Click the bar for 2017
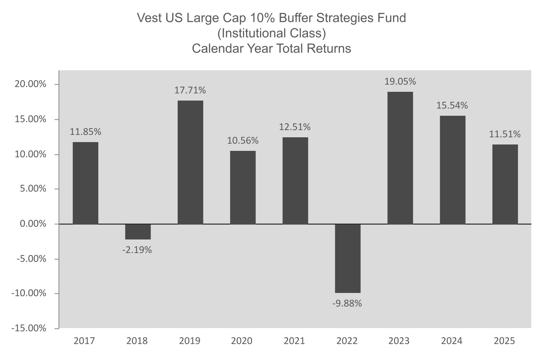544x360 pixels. [85, 183]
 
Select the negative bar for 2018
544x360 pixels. [138, 231]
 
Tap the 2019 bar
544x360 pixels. [190, 162]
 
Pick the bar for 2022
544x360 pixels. [347, 258]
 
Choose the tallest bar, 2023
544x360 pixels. [400, 158]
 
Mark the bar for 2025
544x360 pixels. [505, 184]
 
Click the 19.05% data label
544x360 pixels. [400, 82]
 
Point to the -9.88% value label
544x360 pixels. [347, 303]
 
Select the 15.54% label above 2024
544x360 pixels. [453, 106]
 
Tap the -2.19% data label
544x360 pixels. [137, 250]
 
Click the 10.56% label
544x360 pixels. [243, 140]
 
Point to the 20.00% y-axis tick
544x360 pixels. [31, 84]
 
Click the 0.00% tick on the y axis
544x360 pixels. [33, 224]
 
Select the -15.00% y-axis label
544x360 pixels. [29, 328]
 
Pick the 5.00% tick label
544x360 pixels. [33, 189]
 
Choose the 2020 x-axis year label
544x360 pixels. [242, 341]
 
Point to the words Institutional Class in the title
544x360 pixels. [271, 33]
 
